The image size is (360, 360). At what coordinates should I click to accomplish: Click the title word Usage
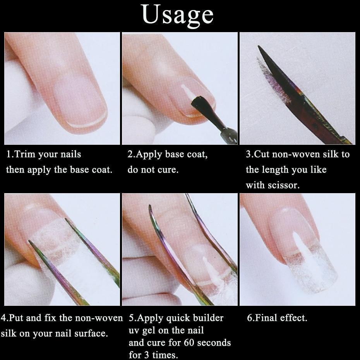(x=178, y=15)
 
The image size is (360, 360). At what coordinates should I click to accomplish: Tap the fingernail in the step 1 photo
(x=79, y=101)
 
